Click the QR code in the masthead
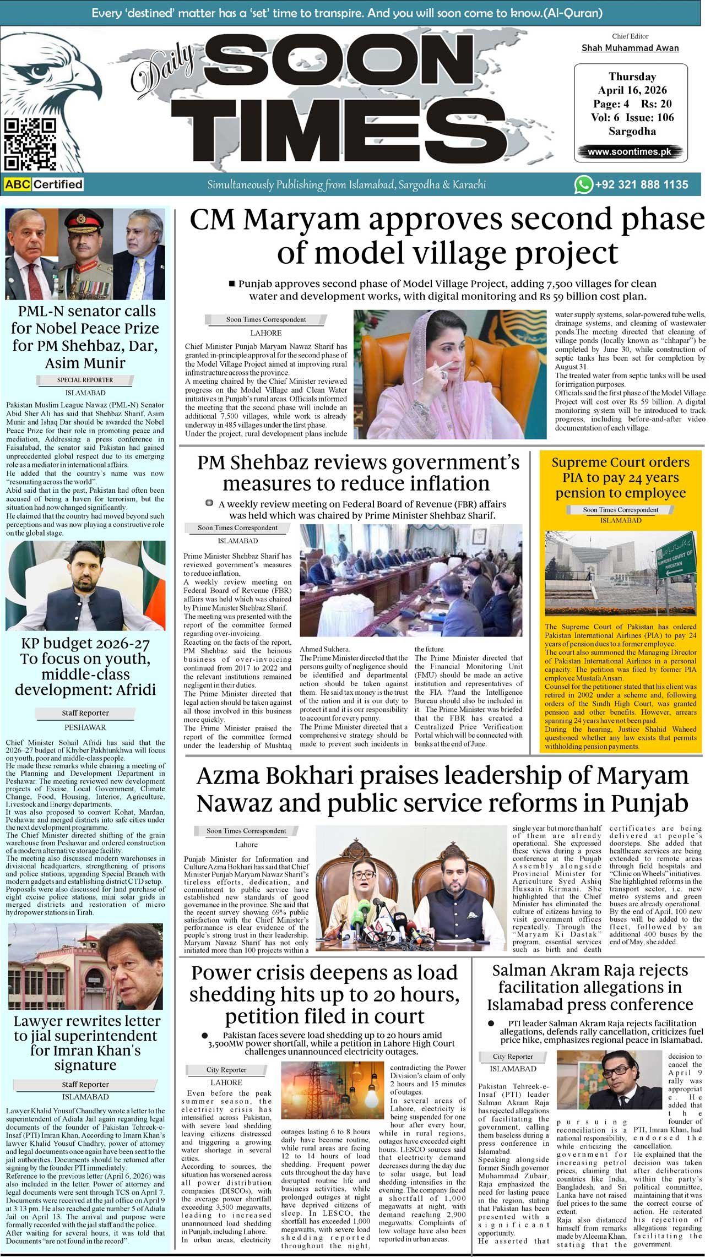(x=30, y=144)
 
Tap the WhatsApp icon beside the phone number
(x=583, y=184)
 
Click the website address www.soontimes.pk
(x=630, y=151)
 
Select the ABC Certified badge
(x=44, y=184)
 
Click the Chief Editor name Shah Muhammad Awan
(x=630, y=48)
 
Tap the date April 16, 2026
(x=632, y=90)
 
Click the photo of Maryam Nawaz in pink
(x=449, y=374)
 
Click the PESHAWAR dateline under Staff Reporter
(x=85, y=727)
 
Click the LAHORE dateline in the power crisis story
(x=226, y=1082)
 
